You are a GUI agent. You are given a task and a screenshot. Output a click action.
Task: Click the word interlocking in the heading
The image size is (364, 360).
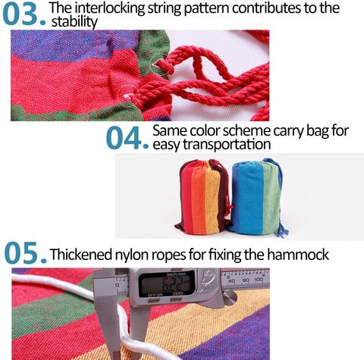click(110, 8)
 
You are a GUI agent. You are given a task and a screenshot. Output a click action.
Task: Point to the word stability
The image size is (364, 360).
click(74, 22)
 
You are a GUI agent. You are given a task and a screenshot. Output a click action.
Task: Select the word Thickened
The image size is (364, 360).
click(81, 254)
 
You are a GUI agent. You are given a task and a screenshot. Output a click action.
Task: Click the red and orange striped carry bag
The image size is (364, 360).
click(202, 196)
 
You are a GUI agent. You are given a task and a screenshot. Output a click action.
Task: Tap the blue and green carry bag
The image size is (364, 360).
click(257, 196)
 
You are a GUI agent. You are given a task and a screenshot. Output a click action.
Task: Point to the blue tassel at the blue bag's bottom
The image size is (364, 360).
click(283, 229)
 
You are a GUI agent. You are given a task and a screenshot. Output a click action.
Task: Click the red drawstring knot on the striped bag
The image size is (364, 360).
click(230, 206)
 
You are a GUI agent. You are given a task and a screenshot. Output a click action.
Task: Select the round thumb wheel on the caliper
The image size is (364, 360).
click(229, 297)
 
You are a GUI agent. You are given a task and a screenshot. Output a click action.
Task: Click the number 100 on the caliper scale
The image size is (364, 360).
click(259, 280)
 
